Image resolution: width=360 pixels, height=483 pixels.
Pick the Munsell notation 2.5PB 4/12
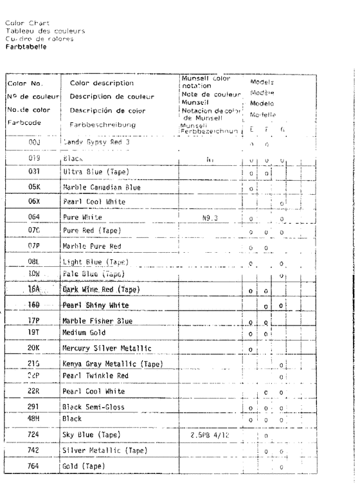click(x=209, y=435)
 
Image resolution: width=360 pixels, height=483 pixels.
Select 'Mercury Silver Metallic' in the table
click(x=106, y=331)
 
